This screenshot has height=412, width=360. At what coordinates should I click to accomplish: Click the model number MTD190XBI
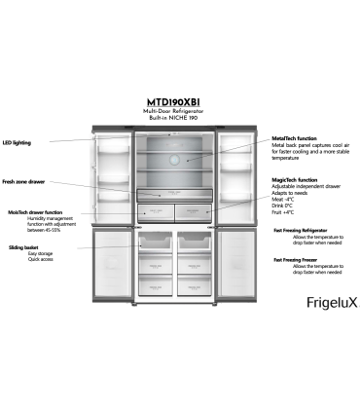179,100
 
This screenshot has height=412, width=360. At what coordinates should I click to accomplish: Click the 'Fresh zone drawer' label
24,182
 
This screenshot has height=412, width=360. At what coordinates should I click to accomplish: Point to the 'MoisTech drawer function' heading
35,211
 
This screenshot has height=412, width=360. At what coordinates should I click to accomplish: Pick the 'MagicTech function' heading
295,180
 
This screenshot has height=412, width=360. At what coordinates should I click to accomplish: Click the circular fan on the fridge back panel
177,159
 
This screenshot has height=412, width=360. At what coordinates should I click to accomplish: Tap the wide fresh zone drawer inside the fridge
176,195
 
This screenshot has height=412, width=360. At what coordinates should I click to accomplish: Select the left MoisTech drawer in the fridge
158,210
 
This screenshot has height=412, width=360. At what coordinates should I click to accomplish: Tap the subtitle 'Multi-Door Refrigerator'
179,111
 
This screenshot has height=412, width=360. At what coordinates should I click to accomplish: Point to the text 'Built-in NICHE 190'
179,118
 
